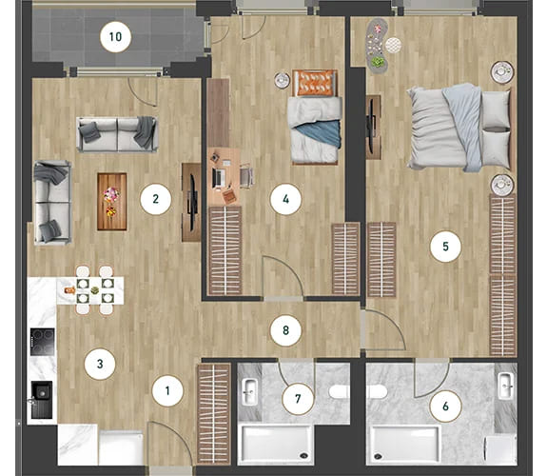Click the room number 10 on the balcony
[x=115, y=37]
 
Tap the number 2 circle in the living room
[x=156, y=199]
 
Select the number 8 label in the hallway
[x=285, y=330]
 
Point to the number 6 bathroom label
[x=445, y=407]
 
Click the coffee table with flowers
[x=111, y=202]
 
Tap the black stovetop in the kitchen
[x=42, y=342]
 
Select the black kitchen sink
[x=42, y=400]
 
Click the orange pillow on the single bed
[x=315, y=83]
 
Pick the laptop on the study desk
[x=219, y=178]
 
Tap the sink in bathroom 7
[x=250, y=392]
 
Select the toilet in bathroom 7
[x=339, y=391]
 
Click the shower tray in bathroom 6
[x=404, y=444]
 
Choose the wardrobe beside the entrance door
[x=214, y=414]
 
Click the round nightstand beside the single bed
[x=283, y=80]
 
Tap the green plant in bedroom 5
[x=378, y=63]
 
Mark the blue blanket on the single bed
[x=322, y=133]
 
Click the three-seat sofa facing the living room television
[x=117, y=134]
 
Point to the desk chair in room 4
[x=246, y=176]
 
